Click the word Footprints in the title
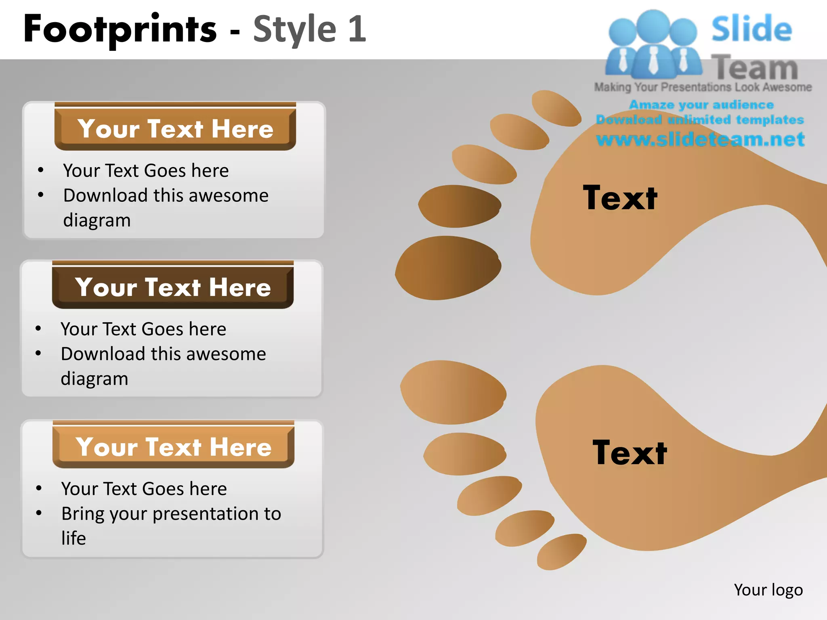coord(120,29)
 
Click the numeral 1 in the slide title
coord(357,29)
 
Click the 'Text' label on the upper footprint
coord(620,198)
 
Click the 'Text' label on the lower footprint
coord(630,453)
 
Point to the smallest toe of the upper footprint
coord(556,108)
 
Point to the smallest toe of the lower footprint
coord(561,551)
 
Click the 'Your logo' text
coord(768,590)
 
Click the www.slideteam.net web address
coord(700,139)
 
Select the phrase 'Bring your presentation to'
coord(171,514)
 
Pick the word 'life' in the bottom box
coord(73,538)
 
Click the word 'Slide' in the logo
coord(751,29)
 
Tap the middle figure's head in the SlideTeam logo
coord(653,25)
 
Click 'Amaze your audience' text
coord(701,105)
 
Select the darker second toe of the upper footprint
coord(460,206)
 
